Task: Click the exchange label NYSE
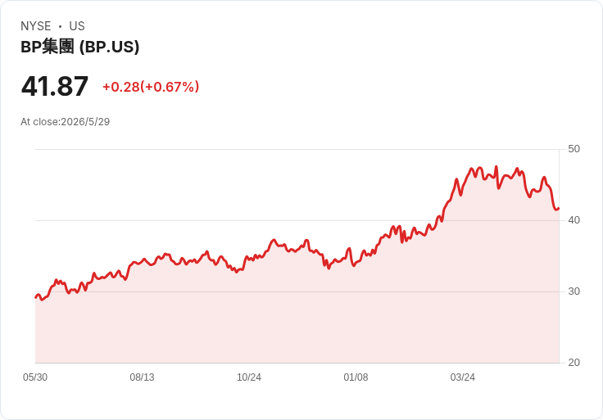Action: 36,26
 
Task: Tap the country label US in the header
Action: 77,26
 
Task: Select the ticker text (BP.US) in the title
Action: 109,47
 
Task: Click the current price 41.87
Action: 55,86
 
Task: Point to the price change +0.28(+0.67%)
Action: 151,87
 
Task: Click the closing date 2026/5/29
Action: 85,122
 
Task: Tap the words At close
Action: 39,122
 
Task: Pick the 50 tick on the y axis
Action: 574,149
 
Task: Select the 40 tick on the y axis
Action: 574,220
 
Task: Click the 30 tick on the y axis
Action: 574,291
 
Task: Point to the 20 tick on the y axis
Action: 574,363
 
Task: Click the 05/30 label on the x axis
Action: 35,377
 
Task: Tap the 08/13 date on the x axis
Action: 142,377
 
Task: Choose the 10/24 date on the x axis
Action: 249,377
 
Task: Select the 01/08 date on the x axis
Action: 356,377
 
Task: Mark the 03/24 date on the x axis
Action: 463,377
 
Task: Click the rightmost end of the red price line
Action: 559,208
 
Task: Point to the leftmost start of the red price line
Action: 35,297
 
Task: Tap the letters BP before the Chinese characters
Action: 31,47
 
